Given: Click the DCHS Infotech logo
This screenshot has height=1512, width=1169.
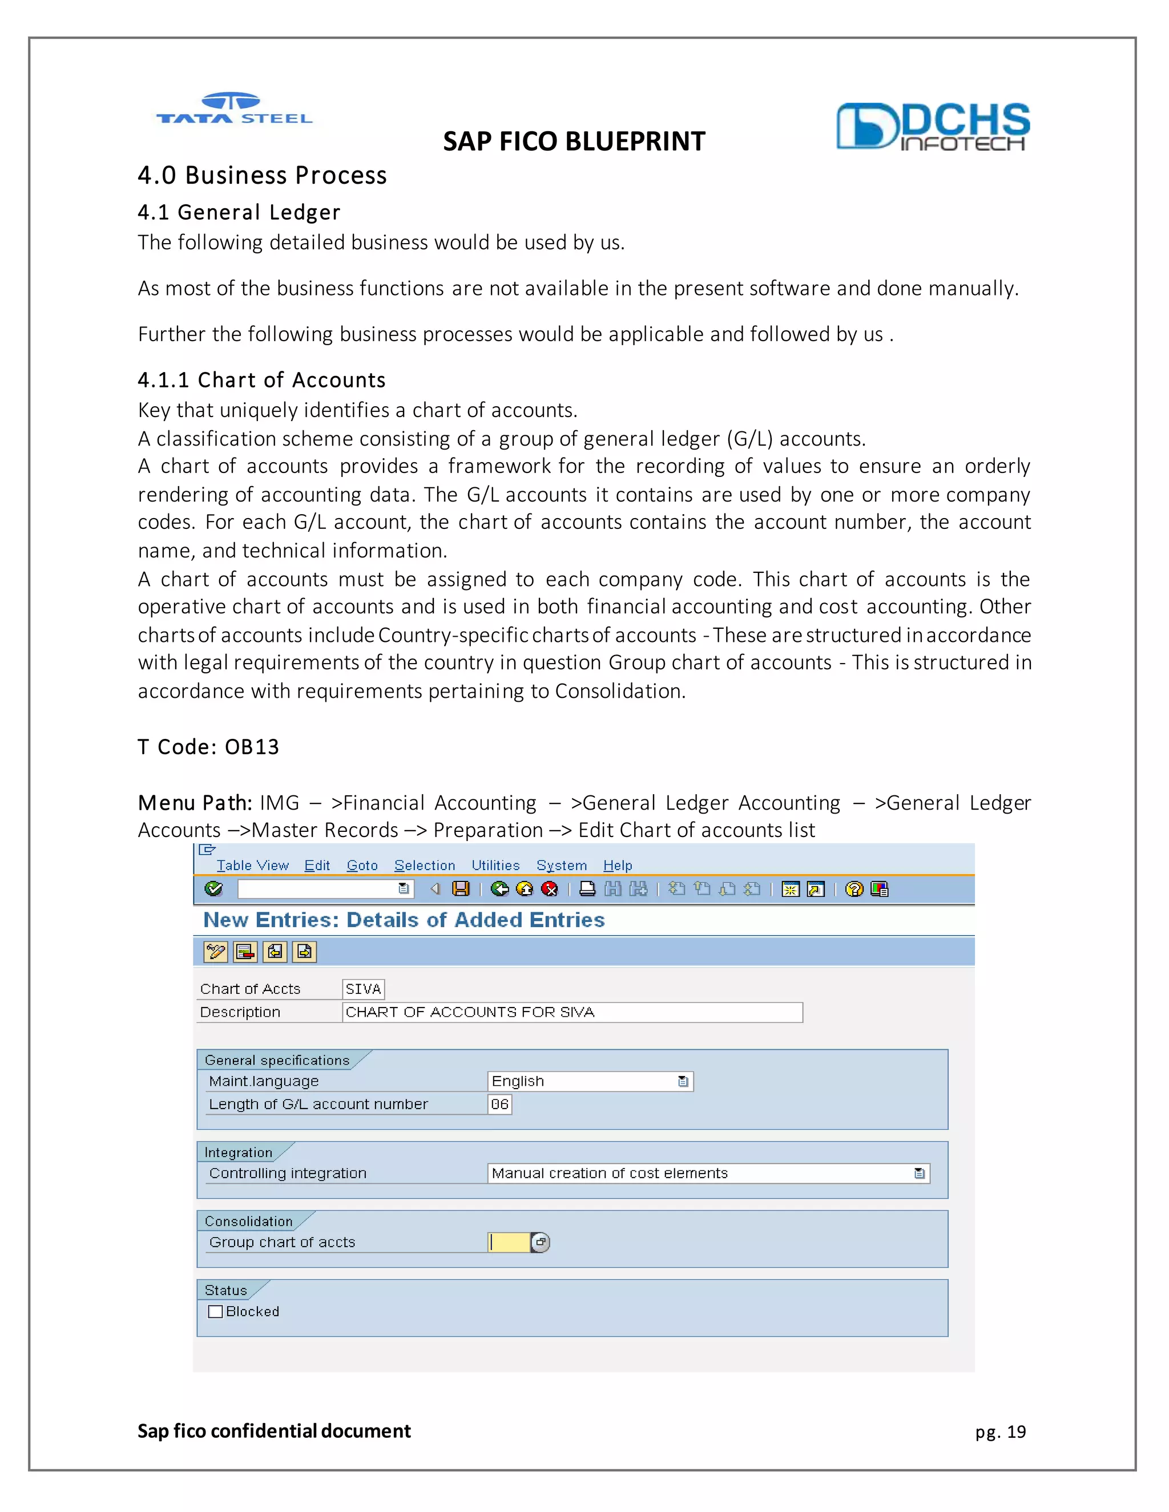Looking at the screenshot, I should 932,126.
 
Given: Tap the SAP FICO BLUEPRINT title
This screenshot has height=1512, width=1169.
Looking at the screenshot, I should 574,142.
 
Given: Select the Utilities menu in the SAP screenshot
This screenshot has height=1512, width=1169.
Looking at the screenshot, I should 495,866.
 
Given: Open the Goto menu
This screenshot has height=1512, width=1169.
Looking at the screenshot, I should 361,866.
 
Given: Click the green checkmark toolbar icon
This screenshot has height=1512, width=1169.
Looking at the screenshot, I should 213,888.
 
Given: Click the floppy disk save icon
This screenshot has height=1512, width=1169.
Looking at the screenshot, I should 461,888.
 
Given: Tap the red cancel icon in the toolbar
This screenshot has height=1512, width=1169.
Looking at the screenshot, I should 550,888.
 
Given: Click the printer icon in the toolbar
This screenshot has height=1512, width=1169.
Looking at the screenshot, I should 587,888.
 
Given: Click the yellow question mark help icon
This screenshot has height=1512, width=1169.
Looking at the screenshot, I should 854,888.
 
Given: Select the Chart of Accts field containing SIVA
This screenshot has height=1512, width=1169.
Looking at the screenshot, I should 363,989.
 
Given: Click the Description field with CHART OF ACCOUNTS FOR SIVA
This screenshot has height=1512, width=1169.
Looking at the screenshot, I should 571,1012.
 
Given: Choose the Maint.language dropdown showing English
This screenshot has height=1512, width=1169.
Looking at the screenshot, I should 589,1081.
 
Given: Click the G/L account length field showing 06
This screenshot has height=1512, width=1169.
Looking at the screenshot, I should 499,1104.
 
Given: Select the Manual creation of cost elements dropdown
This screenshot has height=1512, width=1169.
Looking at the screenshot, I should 707,1174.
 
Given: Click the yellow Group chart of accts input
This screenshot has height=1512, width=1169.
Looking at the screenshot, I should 510,1242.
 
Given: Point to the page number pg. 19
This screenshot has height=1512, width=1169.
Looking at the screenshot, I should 1000,1432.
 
